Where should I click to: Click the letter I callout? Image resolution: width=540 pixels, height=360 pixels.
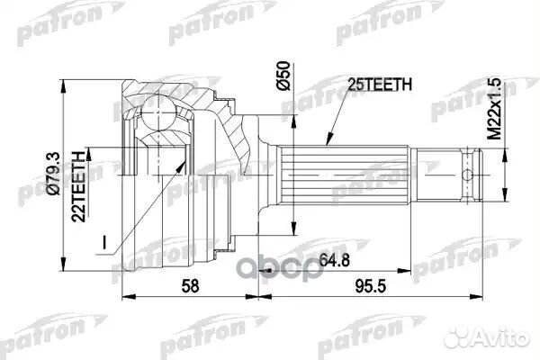(x=105, y=241)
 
